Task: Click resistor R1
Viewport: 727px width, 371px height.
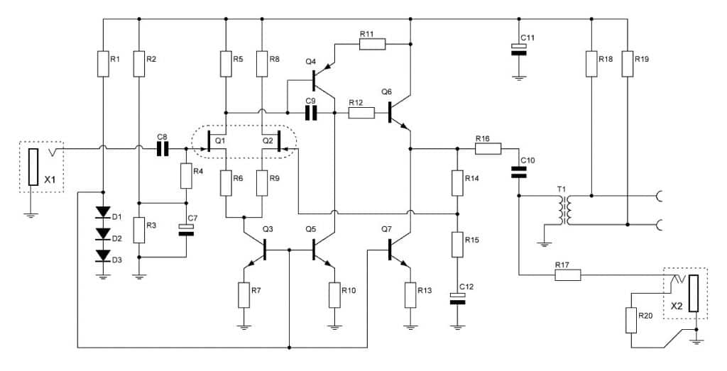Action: coord(104,64)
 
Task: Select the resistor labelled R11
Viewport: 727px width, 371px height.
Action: coord(372,45)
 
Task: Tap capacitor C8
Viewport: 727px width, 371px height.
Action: coord(163,149)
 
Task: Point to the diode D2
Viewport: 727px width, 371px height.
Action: coord(104,233)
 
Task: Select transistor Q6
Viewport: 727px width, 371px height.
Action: coord(398,112)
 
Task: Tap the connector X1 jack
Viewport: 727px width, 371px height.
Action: coord(33,167)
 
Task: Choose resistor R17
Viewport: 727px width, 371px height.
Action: coord(567,275)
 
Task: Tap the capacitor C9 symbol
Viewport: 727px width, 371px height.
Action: coord(310,113)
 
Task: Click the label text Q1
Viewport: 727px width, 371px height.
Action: coord(219,140)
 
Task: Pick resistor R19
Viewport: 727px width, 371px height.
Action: coord(628,64)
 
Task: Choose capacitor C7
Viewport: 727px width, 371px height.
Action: coord(186,229)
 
